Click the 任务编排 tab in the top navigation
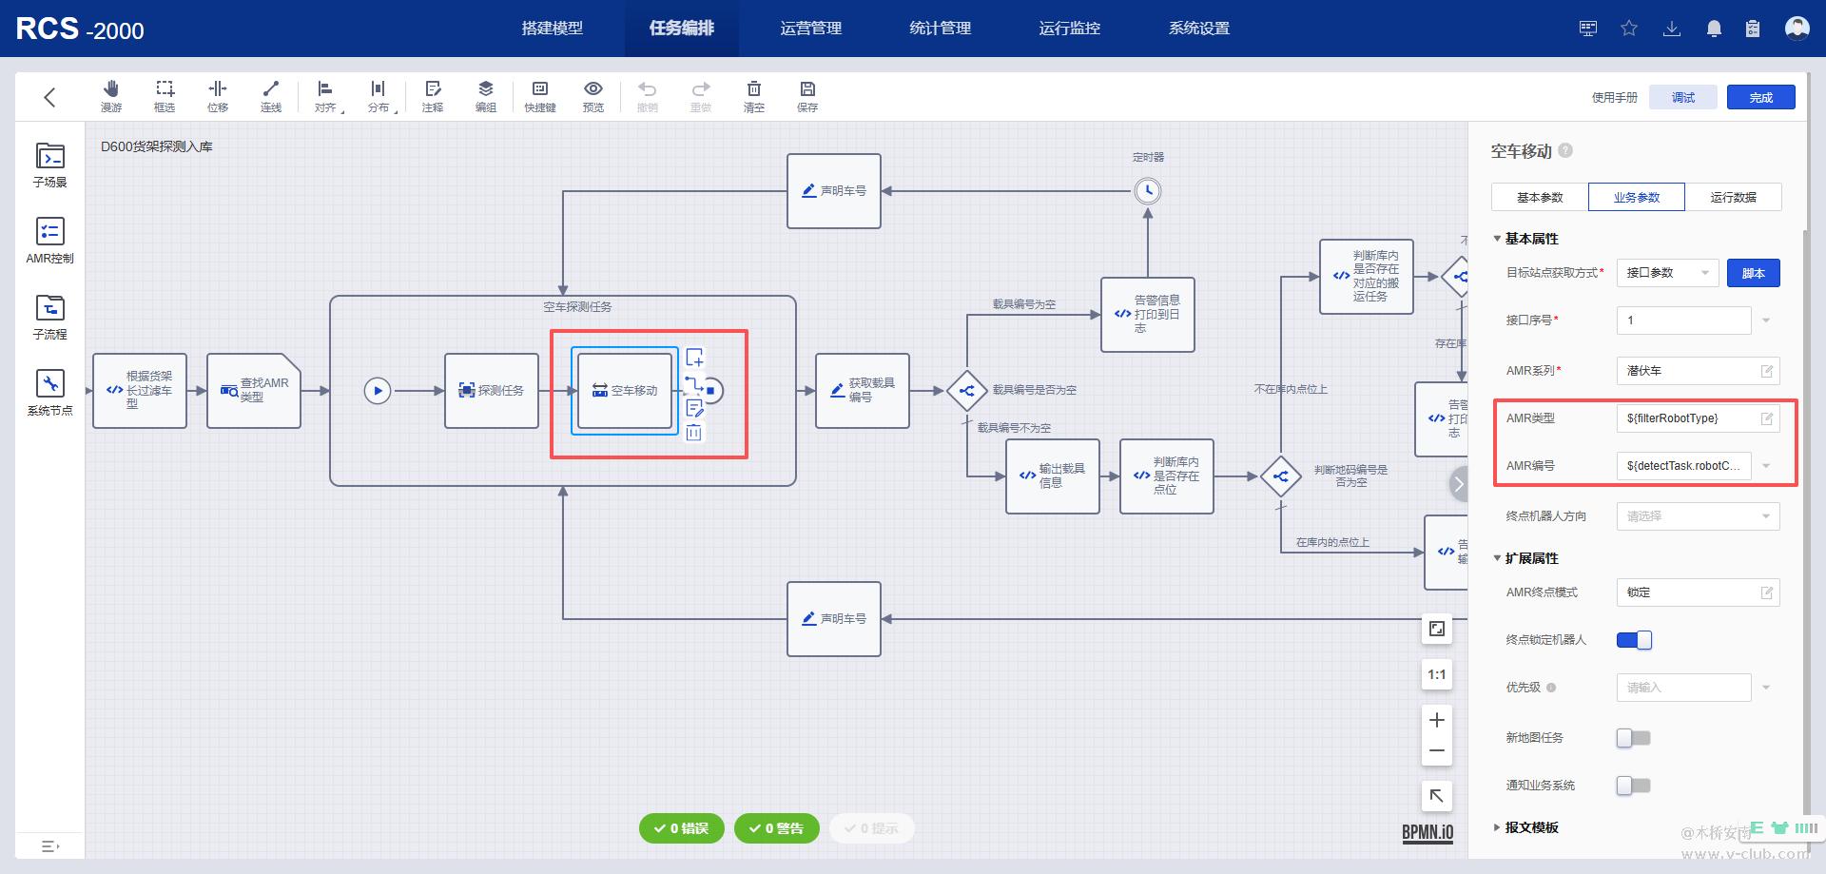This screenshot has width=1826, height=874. [x=681, y=29]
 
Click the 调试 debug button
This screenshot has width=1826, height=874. [x=1683, y=97]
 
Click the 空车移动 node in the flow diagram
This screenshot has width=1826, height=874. [x=625, y=391]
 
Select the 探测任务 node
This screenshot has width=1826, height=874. [x=492, y=391]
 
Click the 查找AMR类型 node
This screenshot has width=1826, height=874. [x=254, y=391]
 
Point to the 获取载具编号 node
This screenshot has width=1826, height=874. [x=863, y=391]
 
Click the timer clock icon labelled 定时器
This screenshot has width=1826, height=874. [x=1148, y=191]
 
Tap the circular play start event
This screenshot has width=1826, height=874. [x=378, y=391]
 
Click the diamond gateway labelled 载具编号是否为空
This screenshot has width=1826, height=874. [x=967, y=391]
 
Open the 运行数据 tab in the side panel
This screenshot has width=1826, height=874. [x=1733, y=198]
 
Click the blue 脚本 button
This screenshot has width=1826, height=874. [x=1753, y=274]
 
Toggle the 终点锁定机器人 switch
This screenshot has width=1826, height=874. [x=1634, y=640]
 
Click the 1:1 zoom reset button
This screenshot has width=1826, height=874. [x=1436, y=675]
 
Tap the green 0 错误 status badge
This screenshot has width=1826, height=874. [x=682, y=828]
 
